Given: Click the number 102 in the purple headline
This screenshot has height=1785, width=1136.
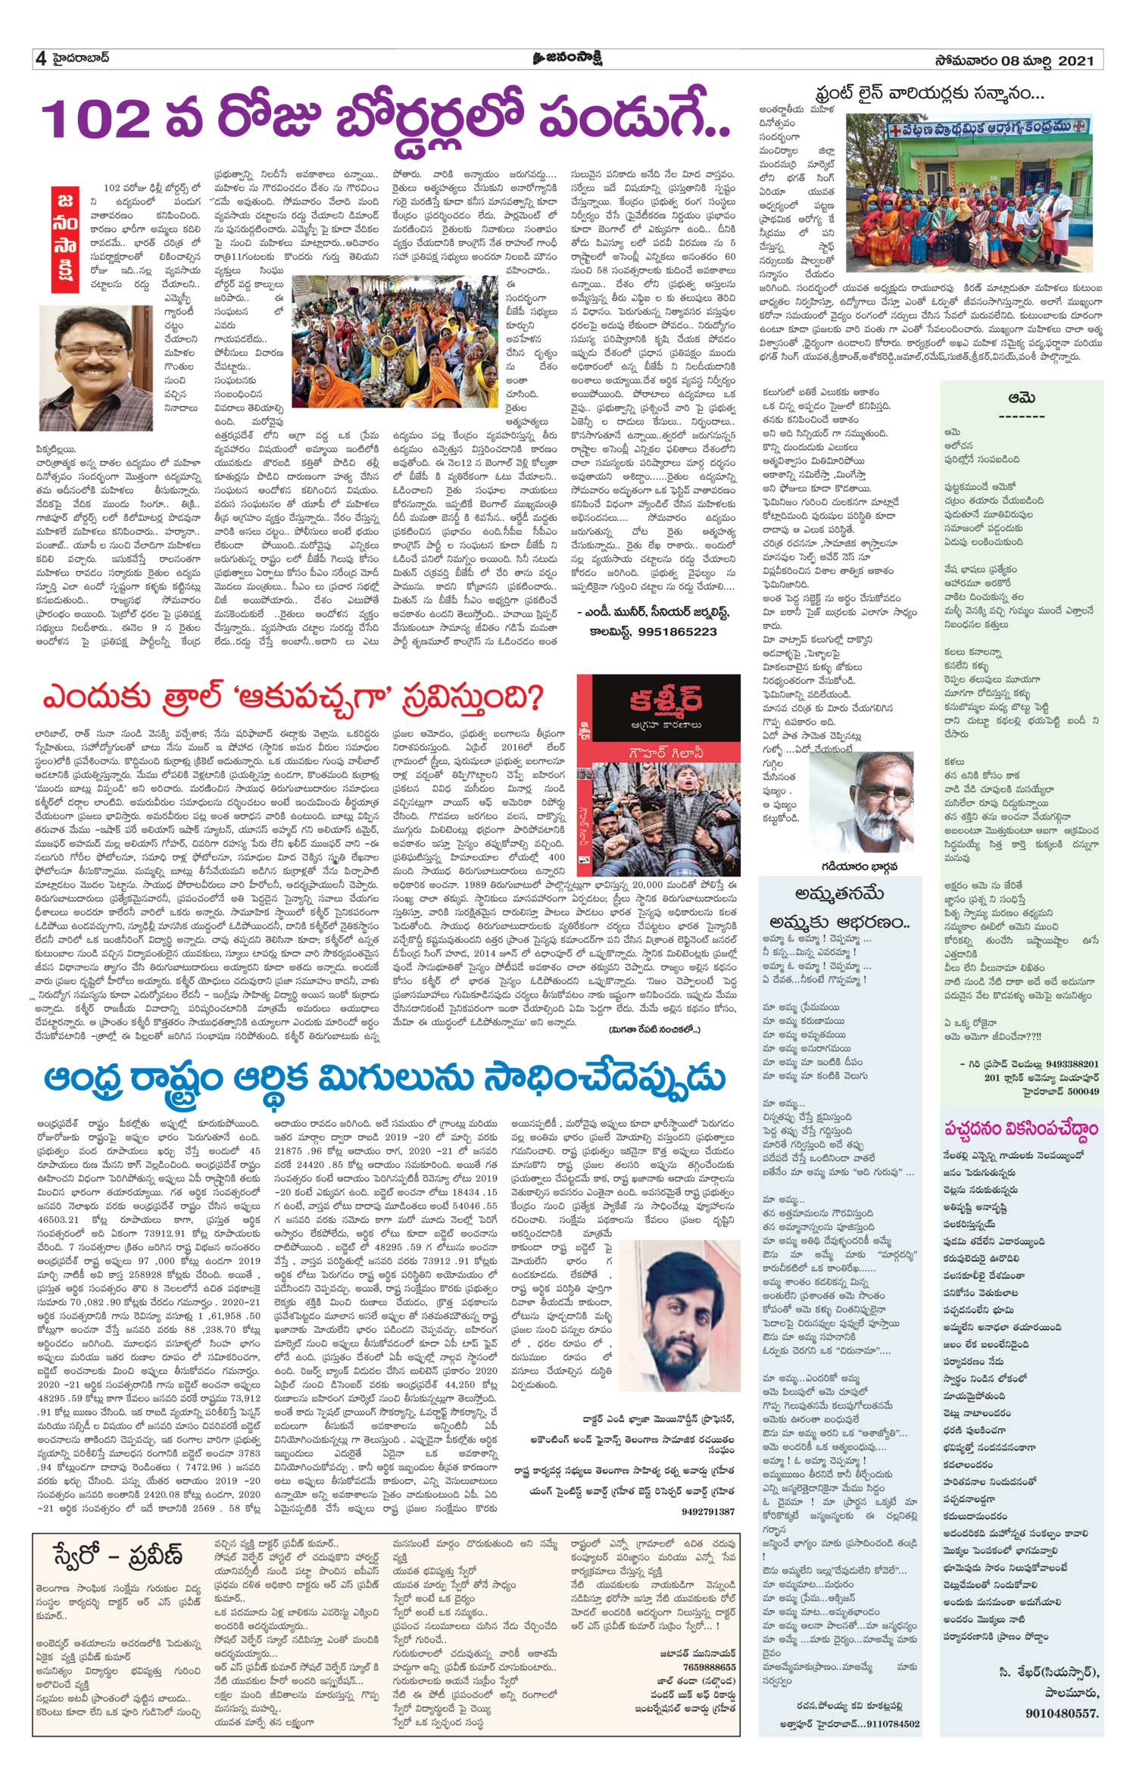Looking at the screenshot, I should [96, 119].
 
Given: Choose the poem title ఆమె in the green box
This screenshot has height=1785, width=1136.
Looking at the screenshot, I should [1022, 398].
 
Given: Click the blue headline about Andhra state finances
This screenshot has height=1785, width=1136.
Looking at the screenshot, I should [384, 1078].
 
